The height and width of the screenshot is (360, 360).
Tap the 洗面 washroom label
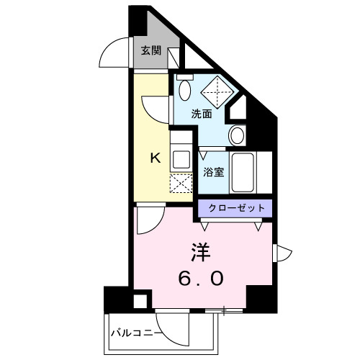[x=202, y=113]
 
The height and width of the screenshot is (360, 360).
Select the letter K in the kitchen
[x=153, y=158]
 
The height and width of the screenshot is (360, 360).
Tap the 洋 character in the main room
[x=201, y=252]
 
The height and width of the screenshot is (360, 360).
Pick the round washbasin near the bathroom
[x=237, y=135]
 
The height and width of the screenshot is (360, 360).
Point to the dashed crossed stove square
[x=179, y=183]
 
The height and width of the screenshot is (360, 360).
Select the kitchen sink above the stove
[x=180, y=158]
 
